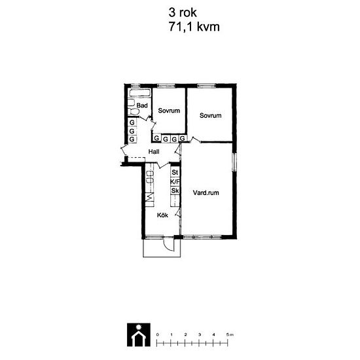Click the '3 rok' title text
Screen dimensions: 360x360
(183, 12)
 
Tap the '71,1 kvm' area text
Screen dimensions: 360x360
(194, 27)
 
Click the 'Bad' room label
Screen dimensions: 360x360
(142, 105)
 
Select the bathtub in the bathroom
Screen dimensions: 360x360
(140, 93)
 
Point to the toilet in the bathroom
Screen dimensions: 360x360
(134, 112)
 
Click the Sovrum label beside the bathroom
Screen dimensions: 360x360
(169, 111)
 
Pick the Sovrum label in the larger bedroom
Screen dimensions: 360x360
(211, 115)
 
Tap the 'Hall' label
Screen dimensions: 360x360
(154, 152)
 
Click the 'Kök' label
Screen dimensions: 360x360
(162, 215)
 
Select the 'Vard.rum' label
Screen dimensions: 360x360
(206, 192)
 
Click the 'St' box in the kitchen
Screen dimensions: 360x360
(175, 172)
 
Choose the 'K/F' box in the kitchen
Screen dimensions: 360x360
(175, 182)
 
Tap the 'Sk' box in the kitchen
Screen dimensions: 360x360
(175, 190)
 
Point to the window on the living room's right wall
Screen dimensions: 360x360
(234, 162)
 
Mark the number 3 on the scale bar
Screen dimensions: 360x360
(200, 334)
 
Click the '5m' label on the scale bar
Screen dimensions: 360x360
(230, 334)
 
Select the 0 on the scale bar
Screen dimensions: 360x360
(157, 334)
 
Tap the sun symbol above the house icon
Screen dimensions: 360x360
(139, 327)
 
